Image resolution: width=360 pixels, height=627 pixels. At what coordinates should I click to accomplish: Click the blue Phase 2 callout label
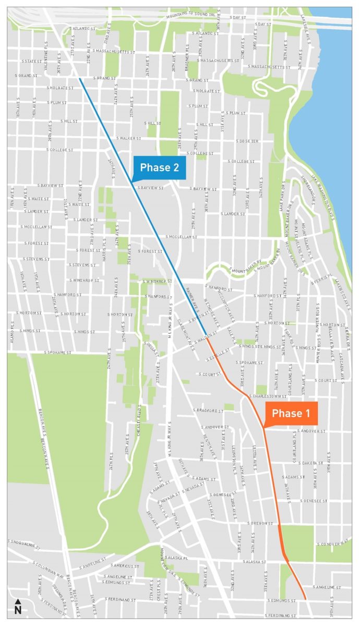pos(159,167)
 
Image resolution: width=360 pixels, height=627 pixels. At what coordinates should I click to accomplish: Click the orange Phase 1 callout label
pos(291,414)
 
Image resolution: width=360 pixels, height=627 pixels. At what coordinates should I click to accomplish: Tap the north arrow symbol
pos(18,607)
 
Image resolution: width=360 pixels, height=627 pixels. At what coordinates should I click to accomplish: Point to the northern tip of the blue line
pos(80,79)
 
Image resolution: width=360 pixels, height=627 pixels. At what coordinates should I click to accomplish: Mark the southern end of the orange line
pos(305,599)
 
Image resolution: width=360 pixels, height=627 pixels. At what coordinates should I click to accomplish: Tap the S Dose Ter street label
pos(247,141)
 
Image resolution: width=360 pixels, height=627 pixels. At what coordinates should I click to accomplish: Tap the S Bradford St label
pos(208,411)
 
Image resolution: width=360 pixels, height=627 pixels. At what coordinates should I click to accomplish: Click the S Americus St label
pos(125,566)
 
